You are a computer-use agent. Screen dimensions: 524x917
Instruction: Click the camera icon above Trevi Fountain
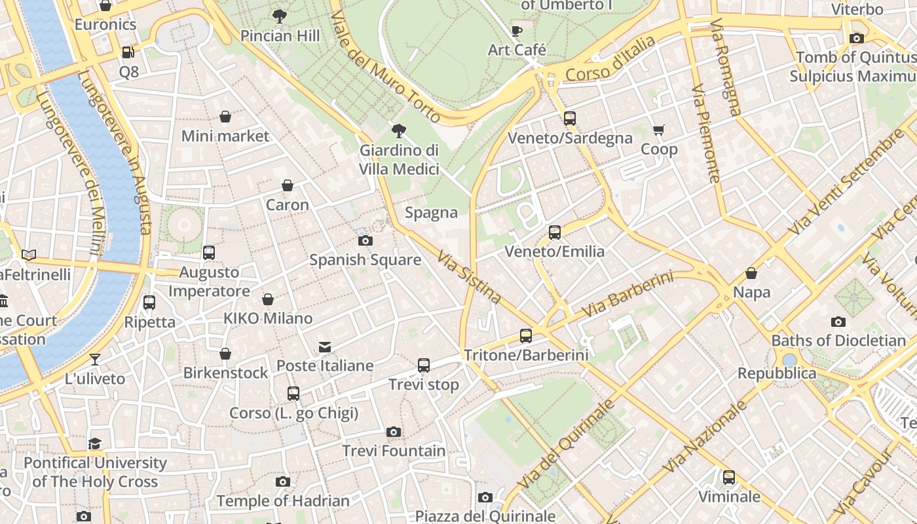point(393,432)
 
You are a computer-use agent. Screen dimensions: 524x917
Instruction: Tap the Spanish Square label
point(365,260)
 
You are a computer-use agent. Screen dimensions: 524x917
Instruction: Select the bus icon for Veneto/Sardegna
point(570,119)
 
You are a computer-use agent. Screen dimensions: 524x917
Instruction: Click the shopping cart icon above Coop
point(658,130)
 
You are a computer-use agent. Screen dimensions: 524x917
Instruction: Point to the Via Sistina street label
point(469,278)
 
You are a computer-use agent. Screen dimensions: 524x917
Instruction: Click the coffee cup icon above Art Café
point(516,31)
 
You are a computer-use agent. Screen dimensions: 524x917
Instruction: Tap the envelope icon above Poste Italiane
point(325,346)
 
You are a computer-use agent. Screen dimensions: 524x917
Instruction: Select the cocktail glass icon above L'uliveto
point(95,359)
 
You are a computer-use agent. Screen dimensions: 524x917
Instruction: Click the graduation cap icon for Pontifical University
point(95,443)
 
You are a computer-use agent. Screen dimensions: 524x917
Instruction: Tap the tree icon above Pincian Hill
point(280,16)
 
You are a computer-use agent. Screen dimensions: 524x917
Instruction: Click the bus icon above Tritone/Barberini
point(525,336)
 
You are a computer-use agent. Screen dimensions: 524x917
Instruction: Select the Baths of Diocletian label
point(838,341)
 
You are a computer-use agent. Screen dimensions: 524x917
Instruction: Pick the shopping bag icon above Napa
point(751,273)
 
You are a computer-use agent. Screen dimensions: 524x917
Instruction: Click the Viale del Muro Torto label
point(384,66)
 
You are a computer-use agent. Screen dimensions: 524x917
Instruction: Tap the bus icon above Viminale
point(729,477)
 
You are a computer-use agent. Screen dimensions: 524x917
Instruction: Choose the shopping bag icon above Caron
point(287,186)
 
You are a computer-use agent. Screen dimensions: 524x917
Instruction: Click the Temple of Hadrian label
point(283,501)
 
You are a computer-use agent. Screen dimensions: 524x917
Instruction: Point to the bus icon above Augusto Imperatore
point(209,253)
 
